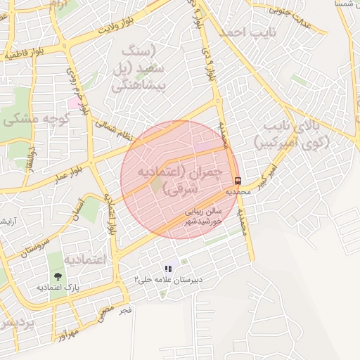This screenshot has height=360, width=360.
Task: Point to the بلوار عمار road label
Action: [x=78, y=169]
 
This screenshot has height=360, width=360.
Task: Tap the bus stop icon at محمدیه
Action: [x=237, y=180]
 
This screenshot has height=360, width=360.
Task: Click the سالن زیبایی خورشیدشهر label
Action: [x=204, y=215]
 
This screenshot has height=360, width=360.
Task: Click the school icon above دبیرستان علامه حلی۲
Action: [x=168, y=268]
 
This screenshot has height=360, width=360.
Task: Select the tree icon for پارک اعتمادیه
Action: [x=56, y=276]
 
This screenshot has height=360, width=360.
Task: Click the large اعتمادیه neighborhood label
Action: [x=84, y=259]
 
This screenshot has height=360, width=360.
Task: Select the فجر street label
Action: [x=126, y=309]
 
